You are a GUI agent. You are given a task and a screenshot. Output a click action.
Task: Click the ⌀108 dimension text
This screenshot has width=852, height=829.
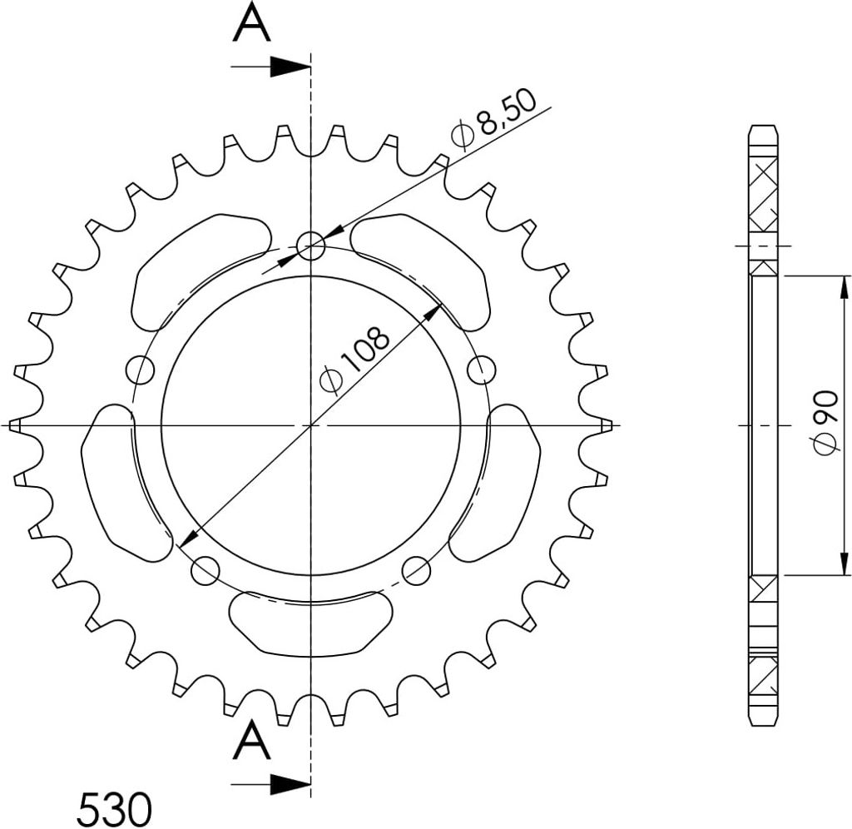(x=354, y=360)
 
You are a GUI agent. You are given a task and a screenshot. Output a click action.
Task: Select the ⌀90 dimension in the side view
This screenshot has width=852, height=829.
(x=825, y=423)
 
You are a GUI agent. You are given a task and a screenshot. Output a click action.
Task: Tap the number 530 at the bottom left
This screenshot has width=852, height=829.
(x=113, y=809)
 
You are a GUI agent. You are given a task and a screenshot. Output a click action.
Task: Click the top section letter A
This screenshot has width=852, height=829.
(x=251, y=22)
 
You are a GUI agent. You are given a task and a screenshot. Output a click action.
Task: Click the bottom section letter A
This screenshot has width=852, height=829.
(x=251, y=740)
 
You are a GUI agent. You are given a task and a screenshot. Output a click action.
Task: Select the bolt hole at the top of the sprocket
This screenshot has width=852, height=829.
(x=311, y=246)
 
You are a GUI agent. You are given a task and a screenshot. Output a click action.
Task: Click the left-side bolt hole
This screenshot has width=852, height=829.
(x=140, y=370)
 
